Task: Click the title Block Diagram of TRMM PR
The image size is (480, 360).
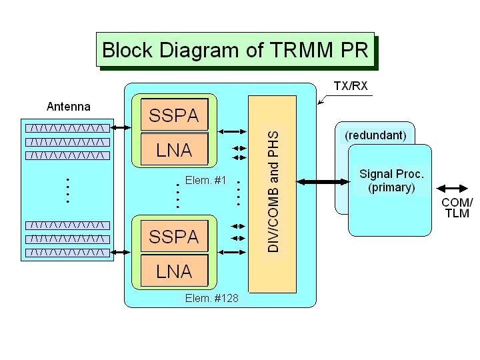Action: click(x=235, y=50)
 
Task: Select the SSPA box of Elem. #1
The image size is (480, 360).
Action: click(x=174, y=116)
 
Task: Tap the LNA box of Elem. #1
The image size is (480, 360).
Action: click(x=174, y=150)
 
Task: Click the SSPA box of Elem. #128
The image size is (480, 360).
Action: click(x=174, y=237)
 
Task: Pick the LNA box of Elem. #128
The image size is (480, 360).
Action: click(x=174, y=271)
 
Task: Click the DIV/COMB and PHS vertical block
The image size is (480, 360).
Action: click(x=272, y=194)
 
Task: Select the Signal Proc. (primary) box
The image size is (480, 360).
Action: click(x=391, y=181)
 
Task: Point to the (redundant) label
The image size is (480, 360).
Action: click(x=375, y=135)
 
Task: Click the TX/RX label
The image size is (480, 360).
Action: click(x=350, y=87)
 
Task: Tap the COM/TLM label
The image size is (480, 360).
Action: click(x=457, y=208)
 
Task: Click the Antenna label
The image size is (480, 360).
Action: click(x=68, y=107)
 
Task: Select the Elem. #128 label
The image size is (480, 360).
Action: click(x=211, y=299)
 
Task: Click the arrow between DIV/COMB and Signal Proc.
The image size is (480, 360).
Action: click(x=323, y=181)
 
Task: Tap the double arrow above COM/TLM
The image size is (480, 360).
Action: click(x=457, y=188)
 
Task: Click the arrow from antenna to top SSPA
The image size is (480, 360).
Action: click(x=120, y=127)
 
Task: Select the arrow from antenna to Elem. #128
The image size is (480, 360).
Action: click(x=120, y=251)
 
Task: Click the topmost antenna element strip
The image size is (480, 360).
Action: click(x=67, y=127)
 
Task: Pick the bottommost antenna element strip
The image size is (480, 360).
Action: click(x=67, y=253)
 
